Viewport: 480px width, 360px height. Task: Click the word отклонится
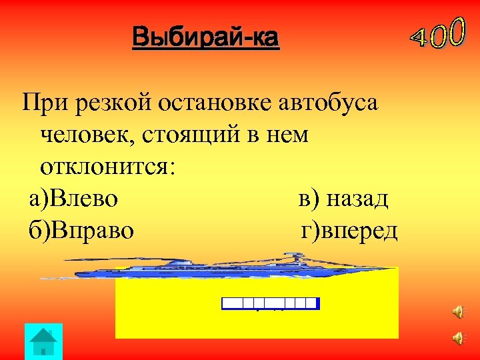tap(107, 167)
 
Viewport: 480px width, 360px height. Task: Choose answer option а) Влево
tap(74, 199)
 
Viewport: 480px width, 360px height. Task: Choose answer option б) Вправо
tap(81, 231)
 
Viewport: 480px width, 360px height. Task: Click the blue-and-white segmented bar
tap(270, 303)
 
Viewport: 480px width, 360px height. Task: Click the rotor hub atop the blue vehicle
tap(293, 255)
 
